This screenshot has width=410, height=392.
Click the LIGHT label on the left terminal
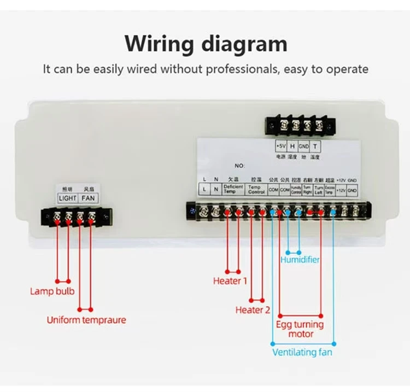[68, 198]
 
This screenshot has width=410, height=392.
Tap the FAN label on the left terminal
[88, 198]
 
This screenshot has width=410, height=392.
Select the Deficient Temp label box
[233, 189]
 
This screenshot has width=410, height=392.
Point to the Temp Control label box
[256, 189]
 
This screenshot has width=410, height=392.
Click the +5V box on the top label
[281, 147]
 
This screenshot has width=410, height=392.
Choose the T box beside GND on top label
[315, 147]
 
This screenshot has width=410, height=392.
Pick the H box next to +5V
[292, 147]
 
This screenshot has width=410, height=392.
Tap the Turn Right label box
[307, 189]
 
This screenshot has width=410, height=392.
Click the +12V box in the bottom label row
[341, 190]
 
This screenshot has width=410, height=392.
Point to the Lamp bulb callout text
[52, 291]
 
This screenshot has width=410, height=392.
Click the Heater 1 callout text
[230, 281]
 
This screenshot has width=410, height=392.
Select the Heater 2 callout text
[253, 310]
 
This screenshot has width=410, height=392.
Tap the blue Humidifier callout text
[300, 260]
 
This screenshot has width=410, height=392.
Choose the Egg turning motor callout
[300, 329]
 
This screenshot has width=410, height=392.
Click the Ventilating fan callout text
[302, 353]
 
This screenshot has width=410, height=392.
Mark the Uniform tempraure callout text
[86, 320]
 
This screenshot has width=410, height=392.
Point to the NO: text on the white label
[240, 165]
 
